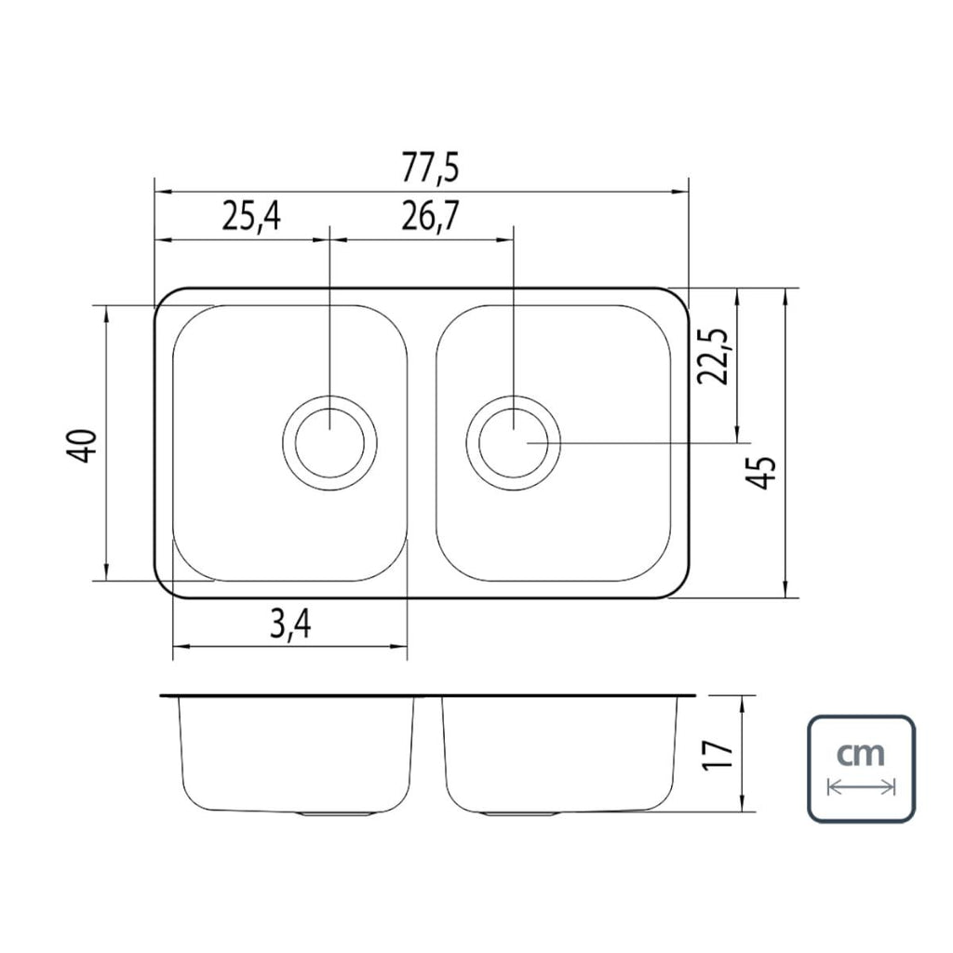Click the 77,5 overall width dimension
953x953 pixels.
429,169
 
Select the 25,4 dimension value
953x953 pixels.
251,217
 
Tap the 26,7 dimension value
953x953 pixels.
430,217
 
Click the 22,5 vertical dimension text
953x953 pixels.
712,356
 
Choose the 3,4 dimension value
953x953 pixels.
290,624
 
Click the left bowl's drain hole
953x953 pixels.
329,442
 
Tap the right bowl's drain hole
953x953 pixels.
514,442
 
